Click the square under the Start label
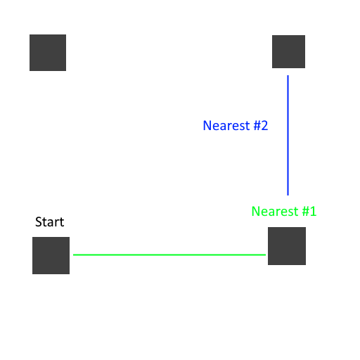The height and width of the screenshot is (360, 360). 51,255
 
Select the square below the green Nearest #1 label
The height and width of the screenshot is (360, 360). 287,246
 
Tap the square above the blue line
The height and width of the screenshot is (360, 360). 288,51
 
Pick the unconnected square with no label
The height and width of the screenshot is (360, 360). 48,53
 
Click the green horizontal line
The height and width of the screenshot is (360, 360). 169,255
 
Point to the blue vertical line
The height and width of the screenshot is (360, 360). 288,135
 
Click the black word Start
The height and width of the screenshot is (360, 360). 50,221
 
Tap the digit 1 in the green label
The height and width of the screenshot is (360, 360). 313,211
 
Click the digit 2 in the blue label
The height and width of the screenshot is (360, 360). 264,125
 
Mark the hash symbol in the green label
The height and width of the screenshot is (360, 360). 306,211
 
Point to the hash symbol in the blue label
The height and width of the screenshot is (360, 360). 257,125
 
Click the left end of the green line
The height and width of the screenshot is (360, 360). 73,255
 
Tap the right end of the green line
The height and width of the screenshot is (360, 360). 266,255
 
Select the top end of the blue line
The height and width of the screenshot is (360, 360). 288,75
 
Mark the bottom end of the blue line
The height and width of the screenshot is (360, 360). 288,195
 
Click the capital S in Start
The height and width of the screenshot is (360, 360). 38,221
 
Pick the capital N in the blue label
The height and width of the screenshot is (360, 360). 207,125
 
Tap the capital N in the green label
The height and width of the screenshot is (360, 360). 255,211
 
